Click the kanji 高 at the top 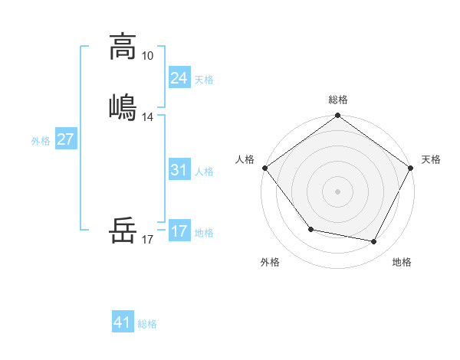123,47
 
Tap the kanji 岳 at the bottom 123,230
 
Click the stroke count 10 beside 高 147,56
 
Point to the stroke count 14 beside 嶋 147,117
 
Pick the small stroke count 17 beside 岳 147,240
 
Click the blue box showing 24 179,78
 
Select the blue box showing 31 179,170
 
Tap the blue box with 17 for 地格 179,231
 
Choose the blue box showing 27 65,139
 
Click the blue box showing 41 123,322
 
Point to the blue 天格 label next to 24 204,80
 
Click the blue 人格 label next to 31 204,172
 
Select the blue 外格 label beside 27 41,141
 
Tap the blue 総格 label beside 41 147,324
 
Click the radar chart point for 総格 337,116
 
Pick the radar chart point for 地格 374,242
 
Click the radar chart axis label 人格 245,159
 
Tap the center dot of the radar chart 337,191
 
